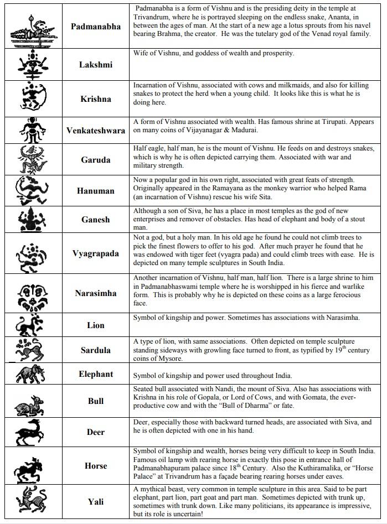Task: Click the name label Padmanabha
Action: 95,27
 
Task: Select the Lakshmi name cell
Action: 95,65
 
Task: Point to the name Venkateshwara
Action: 95,131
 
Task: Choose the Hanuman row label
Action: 95,191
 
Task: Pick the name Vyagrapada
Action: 95,254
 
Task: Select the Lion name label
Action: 95,325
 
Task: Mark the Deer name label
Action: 95,432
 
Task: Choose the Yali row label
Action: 95,502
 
